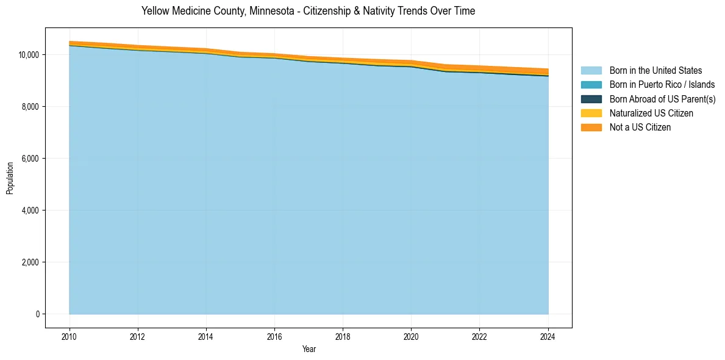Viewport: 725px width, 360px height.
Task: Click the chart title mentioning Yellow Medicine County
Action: (308, 11)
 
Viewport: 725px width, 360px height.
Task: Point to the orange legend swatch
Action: (591, 127)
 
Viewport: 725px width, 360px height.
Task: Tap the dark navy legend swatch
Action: (591, 99)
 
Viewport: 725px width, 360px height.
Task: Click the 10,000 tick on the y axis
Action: (29, 55)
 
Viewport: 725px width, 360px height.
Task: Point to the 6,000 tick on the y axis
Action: (30, 159)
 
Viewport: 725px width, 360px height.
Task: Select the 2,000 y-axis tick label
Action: (30, 262)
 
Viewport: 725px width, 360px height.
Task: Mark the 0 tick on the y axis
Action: (38, 314)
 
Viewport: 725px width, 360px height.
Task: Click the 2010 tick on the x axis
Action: (70, 336)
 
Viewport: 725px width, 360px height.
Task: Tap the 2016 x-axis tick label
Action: (274, 336)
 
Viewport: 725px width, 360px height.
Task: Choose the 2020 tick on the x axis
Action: (412, 336)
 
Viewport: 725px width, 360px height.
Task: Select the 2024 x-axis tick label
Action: (548, 336)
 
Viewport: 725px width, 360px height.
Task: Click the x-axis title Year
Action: (309, 349)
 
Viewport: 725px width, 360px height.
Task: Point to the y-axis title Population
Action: (10, 178)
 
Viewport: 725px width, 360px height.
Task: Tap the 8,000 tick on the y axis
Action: (30, 107)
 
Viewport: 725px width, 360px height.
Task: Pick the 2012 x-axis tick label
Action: (138, 336)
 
